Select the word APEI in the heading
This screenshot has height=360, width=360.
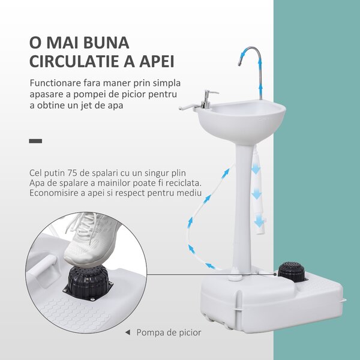(x=157, y=61)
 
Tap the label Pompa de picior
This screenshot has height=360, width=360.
(x=169, y=332)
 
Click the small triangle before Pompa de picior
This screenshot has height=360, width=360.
(x=128, y=332)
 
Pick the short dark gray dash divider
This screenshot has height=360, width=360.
(x=35, y=141)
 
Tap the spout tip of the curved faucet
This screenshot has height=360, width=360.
(x=239, y=64)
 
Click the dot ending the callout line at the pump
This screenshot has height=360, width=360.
(x=275, y=274)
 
